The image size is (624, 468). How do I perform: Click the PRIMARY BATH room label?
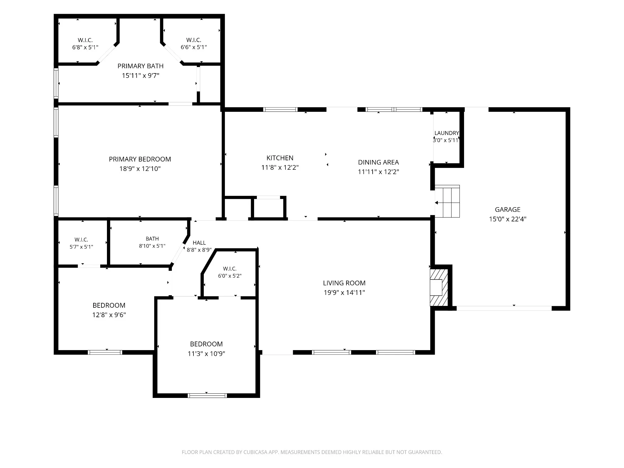[x=140, y=66]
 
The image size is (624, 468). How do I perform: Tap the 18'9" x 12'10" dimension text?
[x=140, y=168]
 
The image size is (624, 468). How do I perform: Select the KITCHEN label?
[x=280, y=158]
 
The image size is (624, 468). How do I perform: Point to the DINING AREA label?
[x=378, y=162]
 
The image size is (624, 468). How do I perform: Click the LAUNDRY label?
[x=447, y=133]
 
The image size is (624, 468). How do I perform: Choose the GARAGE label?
[x=508, y=209]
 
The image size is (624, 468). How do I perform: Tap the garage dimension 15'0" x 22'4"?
[x=508, y=219]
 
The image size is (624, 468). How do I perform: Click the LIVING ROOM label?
[x=344, y=283]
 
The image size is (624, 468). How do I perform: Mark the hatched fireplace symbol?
[x=439, y=288]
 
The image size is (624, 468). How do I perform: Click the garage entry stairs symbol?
[x=447, y=201]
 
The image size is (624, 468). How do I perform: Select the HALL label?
[x=199, y=243]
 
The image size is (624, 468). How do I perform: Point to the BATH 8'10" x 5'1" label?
[x=152, y=242]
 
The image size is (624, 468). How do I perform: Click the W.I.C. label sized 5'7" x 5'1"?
[x=81, y=243]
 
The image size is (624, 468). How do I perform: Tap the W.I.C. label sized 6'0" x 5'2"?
[x=230, y=272]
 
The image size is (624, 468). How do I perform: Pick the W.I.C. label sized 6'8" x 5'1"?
[x=85, y=44]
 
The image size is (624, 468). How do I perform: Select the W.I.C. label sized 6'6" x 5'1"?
[x=194, y=44]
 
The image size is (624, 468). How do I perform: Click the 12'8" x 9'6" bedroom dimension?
[x=109, y=315]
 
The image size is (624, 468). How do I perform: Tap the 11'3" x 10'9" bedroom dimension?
[x=207, y=353]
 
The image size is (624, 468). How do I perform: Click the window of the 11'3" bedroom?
[x=207, y=395]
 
